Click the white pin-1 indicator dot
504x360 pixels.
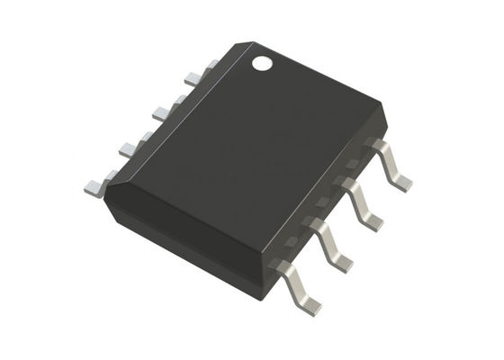[262, 64]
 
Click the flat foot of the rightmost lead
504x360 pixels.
[402, 182]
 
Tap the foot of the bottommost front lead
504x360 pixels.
[310, 306]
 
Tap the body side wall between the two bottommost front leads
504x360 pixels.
[301, 261]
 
